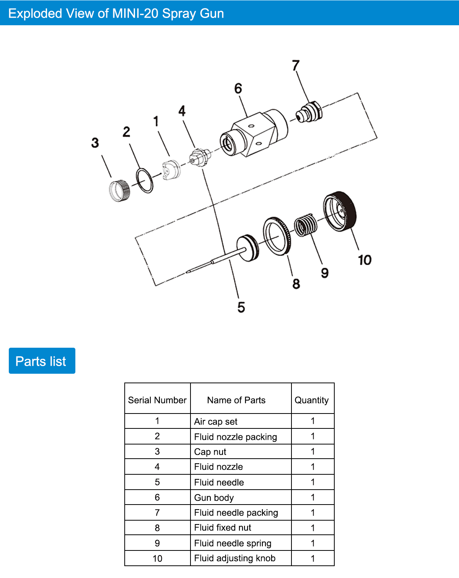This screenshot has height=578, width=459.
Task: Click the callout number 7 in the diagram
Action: click(296, 65)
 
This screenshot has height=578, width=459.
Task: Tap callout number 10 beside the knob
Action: click(365, 260)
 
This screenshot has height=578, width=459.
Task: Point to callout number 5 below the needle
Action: click(241, 307)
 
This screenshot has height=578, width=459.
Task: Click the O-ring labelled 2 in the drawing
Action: click(145, 180)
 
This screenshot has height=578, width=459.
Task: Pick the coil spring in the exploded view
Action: click(306, 225)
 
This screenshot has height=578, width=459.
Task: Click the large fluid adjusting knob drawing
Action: click(340, 212)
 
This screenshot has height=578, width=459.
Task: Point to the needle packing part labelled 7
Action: click(309, 112)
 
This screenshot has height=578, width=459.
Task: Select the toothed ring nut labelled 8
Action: click(277, 236)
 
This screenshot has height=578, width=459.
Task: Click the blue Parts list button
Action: click(42, 361)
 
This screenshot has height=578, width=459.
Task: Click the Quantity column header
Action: click(312, 400)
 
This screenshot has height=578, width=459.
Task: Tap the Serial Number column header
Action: click(157, 400)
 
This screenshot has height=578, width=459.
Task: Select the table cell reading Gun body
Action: click(214, 498)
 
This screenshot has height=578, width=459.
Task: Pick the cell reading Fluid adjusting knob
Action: click(235, 558)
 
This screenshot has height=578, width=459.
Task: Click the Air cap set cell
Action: click(216, 422)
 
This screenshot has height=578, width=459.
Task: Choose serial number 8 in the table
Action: click(157, 528)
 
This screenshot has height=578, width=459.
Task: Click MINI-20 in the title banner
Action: click(135, 13)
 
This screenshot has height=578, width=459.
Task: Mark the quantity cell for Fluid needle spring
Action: click(313, 543)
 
